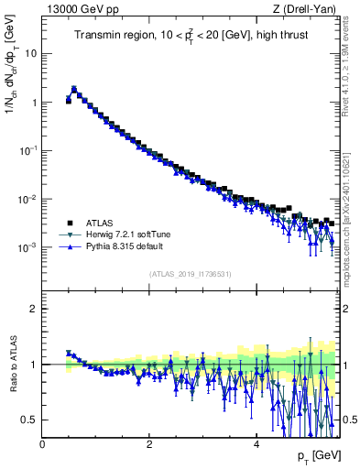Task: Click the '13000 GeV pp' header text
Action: click(76, 10)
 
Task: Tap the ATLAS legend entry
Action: click(103, 223)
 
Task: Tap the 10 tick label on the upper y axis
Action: click(31, 53)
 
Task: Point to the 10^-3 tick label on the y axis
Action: click(28, 247)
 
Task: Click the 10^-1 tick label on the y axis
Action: click(28, 150)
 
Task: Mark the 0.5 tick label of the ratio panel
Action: click(30, 420)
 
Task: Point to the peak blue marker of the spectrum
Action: click(74, 90)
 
